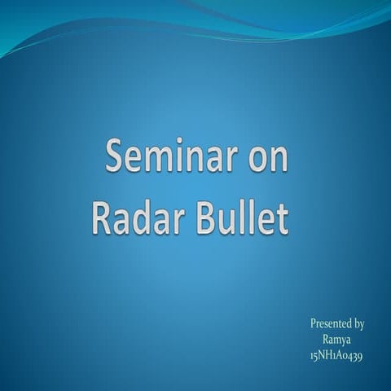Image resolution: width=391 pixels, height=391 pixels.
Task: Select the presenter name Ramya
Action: click(336, 340)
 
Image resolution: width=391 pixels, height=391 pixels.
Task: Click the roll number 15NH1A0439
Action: click(336, 356)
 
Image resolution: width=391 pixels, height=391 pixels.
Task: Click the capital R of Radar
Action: click(100, 218)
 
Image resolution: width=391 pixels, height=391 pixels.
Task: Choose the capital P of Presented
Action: click(314, 323)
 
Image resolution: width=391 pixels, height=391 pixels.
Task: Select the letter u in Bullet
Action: click(223, 222)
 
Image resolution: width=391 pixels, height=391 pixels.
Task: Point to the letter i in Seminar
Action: click(182, 156)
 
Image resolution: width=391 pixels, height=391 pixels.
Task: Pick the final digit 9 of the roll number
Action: click(359, 357)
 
